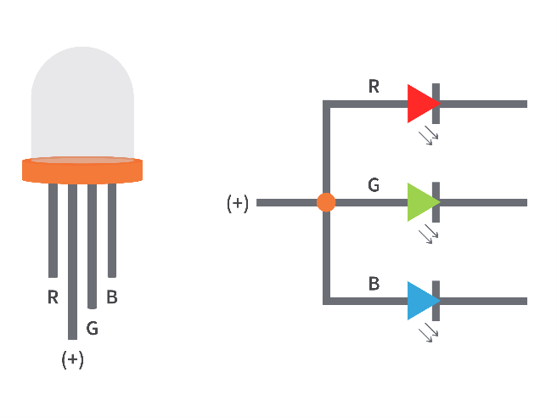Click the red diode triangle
point(421,104)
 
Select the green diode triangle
point(421,202)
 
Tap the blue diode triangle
point(421,301)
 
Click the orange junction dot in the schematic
point(326,202)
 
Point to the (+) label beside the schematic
point(237,203)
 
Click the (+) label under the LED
point(73,359)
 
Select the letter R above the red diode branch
point(374,87)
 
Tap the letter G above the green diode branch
point(374,185)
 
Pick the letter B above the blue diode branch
point(374,284)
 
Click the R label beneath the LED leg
point(53,297)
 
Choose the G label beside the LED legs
point(92,328)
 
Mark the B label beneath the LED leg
point(111,297)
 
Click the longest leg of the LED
point(72,262)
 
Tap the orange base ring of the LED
point(82,171)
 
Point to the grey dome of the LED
point(82,102)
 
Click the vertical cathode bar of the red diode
point(436,104)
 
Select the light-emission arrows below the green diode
point(429,234)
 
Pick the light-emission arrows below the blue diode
point(429,333)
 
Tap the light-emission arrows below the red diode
point(429,135)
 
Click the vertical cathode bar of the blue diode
point(436,301)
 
